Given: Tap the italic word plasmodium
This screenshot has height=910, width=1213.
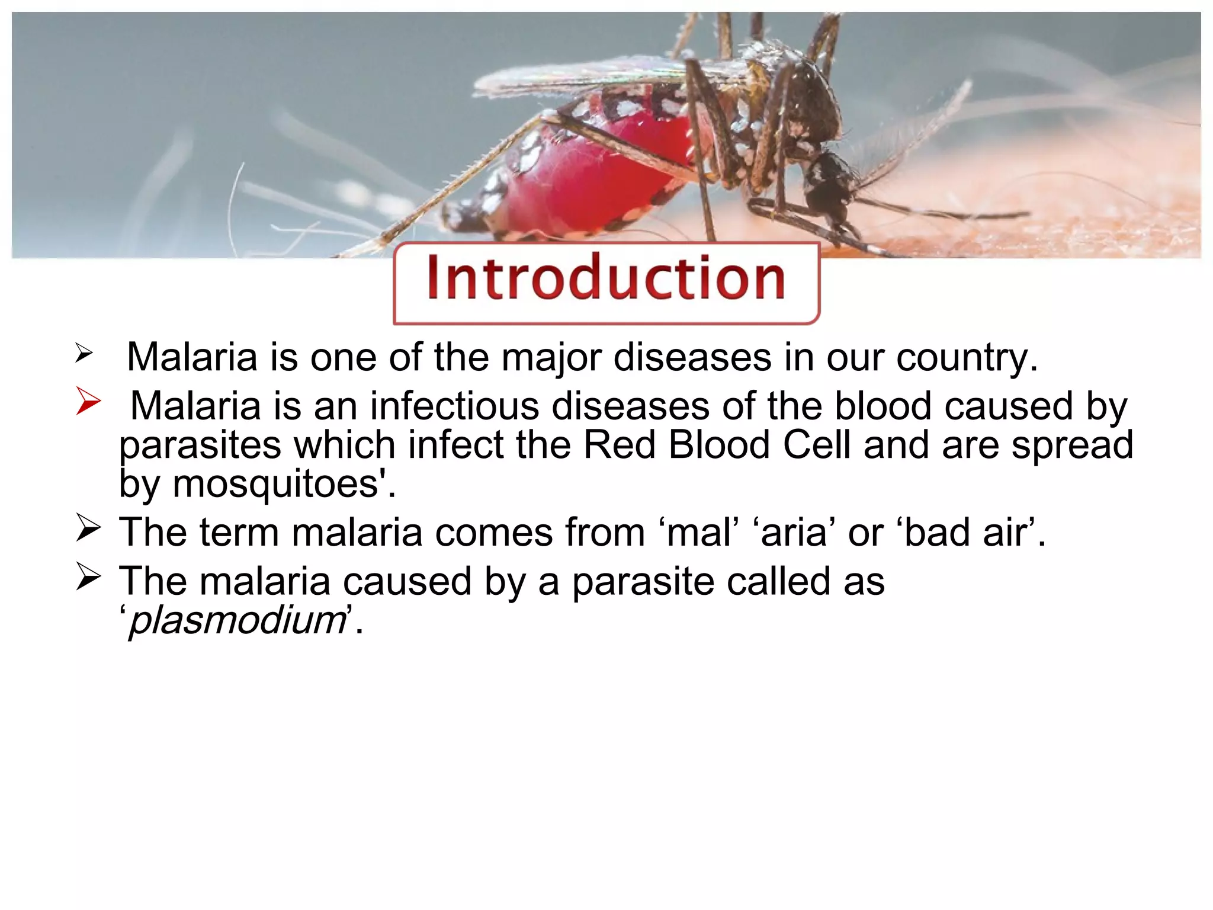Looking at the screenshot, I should click(238, 620).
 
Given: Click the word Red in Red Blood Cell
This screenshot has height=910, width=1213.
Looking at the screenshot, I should click(620, 445).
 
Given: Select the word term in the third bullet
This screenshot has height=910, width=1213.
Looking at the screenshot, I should click(239, 533).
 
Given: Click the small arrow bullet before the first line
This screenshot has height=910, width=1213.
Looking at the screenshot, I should click(84, 354).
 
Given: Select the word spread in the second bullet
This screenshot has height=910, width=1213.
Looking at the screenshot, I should click(1072, 446).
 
